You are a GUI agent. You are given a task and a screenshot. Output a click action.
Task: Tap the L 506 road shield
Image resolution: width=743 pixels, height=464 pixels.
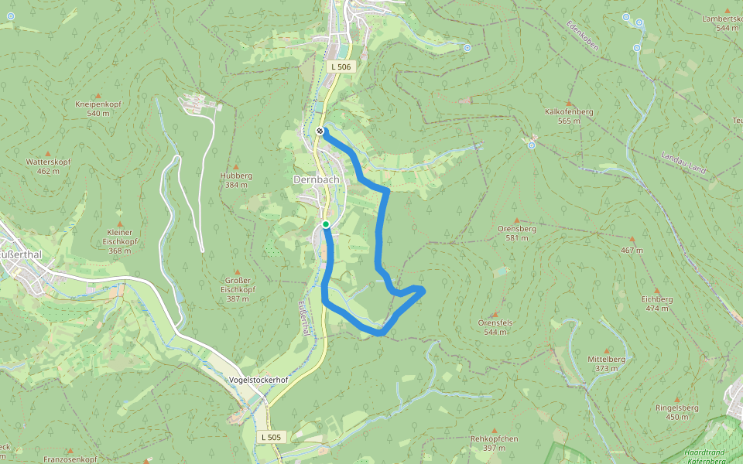point(341,67)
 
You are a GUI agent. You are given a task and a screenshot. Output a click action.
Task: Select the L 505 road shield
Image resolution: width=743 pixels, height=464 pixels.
point(271,437)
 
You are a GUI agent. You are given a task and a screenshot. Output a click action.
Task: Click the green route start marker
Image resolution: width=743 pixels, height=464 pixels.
point(326,224)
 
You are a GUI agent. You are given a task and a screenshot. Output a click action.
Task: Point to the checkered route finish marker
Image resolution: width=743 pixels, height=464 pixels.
point(320,131)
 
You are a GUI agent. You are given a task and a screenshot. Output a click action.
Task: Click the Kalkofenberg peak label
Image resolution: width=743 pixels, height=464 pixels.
point(569,116)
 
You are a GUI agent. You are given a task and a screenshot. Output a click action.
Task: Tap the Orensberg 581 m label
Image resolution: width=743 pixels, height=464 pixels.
point(516,234)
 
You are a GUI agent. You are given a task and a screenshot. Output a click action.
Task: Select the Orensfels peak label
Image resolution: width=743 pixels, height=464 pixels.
point(496,326)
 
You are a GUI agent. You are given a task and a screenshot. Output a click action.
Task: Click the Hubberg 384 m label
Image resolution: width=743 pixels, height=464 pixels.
point(236,180)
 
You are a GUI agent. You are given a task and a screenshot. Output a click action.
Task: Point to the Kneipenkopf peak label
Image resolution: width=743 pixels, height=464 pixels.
point(98,108)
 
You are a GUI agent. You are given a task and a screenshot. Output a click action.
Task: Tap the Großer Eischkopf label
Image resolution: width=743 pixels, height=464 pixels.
point(238,284)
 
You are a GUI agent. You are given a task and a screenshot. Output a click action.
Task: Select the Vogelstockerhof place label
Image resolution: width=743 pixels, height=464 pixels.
point(259,380)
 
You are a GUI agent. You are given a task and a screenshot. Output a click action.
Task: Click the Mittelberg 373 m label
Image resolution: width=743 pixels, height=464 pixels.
point(606,363)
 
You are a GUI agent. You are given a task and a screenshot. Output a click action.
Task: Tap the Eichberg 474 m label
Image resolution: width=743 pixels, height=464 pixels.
point(656,303)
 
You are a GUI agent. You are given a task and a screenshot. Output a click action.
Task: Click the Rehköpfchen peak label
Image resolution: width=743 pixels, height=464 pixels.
point(493,443)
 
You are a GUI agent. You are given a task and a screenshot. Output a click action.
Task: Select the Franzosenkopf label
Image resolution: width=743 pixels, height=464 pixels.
point(70,459)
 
